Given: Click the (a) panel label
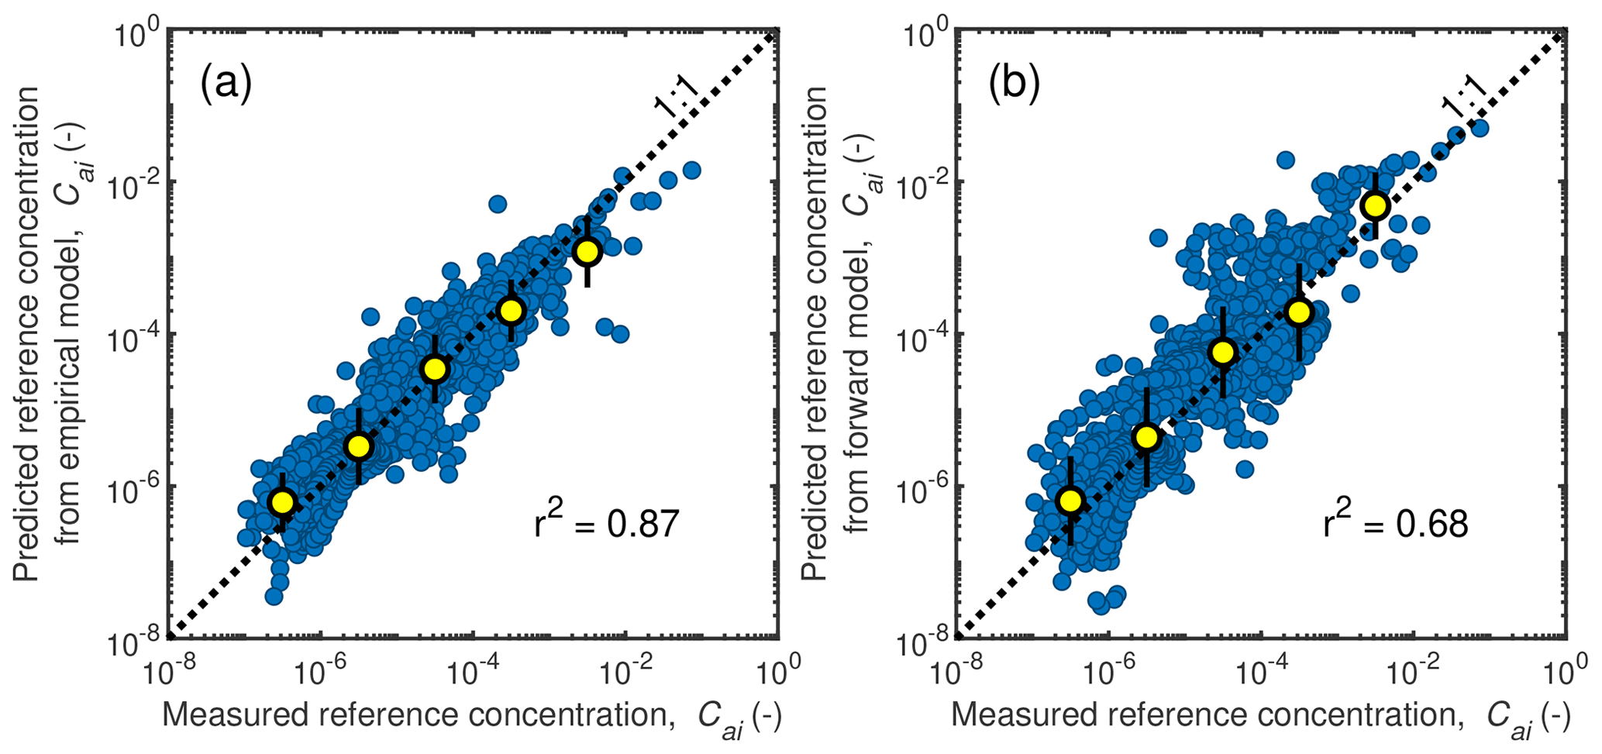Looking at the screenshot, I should coord(226,84).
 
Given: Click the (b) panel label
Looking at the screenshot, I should coord(1015,84).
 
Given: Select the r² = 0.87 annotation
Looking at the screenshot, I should coord(607,523).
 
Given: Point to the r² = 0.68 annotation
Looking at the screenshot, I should coord(1395,523).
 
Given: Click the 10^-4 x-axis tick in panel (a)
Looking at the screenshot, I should coord(474,670).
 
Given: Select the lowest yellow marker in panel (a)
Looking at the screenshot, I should coord(282,502).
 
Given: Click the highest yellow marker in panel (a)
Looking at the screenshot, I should coord(587,251).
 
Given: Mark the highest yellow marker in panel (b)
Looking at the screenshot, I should coord(1375,205).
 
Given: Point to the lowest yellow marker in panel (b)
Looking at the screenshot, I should coord(1070,501).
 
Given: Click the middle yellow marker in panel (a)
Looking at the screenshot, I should coord(435,370).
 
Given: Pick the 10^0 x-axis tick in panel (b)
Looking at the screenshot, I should coord(1565,670).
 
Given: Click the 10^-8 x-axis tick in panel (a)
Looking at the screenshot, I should coord(168,670).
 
